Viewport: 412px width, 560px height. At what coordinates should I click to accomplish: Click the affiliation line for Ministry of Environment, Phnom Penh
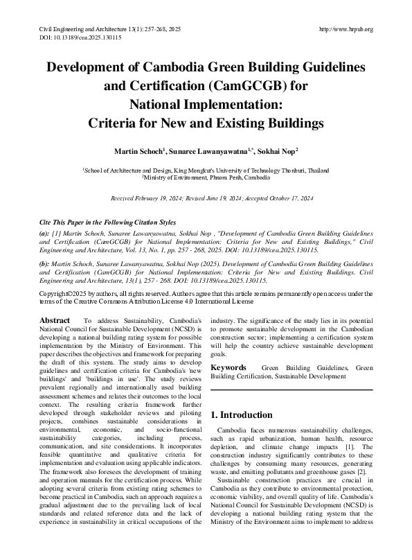click(206, 177)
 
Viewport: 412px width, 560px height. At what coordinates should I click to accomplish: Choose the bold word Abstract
click(54, 321)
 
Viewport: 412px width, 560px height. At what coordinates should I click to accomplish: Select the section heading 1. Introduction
click(241, 415)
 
